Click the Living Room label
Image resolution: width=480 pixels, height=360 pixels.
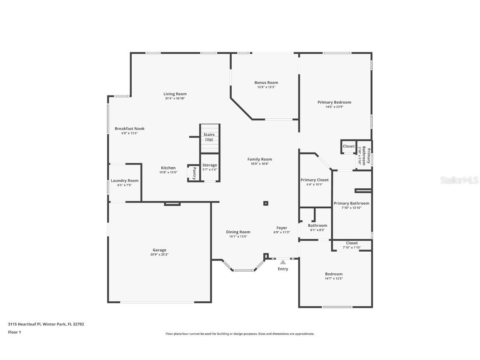175,94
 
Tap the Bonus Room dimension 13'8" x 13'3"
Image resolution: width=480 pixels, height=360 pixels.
266,87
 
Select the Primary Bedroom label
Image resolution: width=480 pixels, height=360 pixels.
334,102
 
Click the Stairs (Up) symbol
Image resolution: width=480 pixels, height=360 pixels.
209,137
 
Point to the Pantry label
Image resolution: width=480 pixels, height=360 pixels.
194,173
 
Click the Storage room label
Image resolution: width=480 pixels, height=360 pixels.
210,165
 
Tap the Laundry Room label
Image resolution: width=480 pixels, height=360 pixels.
125,180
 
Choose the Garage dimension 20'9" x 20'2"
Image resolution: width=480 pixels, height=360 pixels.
159,255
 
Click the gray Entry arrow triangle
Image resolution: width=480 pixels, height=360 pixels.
283,262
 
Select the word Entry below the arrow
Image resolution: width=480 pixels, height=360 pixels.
283,269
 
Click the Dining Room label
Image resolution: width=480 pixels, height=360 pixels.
238,232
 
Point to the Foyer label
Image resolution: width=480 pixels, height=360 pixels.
282,228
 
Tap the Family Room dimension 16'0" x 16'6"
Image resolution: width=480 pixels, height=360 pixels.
260,164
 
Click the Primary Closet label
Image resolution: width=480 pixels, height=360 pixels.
315,180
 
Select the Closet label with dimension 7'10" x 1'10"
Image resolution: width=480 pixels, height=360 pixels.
352,243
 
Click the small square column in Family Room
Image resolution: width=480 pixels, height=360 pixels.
266,203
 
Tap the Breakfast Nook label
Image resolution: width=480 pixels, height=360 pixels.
130,129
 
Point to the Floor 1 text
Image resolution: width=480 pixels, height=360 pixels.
15,332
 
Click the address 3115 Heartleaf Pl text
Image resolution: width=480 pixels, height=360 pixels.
46,324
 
